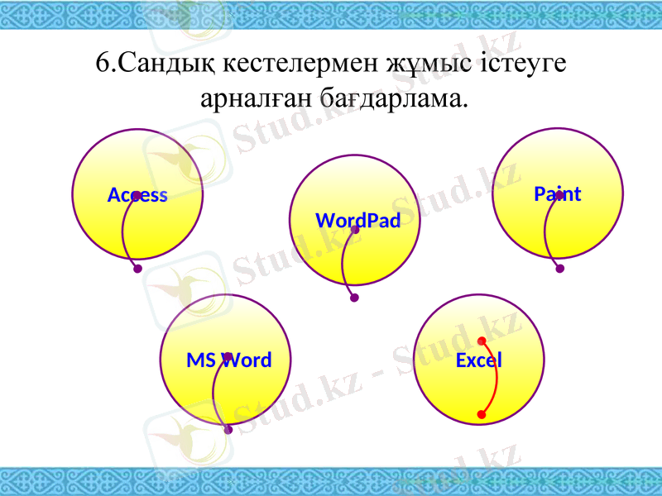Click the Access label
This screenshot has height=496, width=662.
click(137, 196)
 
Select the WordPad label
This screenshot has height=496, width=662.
click(358, 221)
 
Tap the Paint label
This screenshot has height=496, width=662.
click(557, 194)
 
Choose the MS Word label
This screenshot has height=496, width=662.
click(228, 360)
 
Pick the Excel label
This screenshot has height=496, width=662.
click(479, 360)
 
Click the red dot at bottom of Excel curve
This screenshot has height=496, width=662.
click(482, 414)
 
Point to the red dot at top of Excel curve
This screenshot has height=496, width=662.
click(481, 341)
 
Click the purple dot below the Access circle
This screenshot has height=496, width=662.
click(137, 269)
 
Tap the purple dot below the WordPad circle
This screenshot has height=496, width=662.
click(354, 298)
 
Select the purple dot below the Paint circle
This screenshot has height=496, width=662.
click(560, 269)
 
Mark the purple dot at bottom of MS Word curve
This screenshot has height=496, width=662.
click(228, 430)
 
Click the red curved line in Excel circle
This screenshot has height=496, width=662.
click(496, 377)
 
